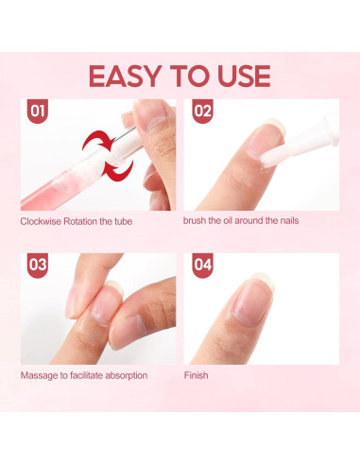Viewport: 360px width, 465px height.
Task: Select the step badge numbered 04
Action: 203,266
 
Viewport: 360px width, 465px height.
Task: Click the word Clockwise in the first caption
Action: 41,222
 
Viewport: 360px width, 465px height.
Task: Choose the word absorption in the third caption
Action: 123,375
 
